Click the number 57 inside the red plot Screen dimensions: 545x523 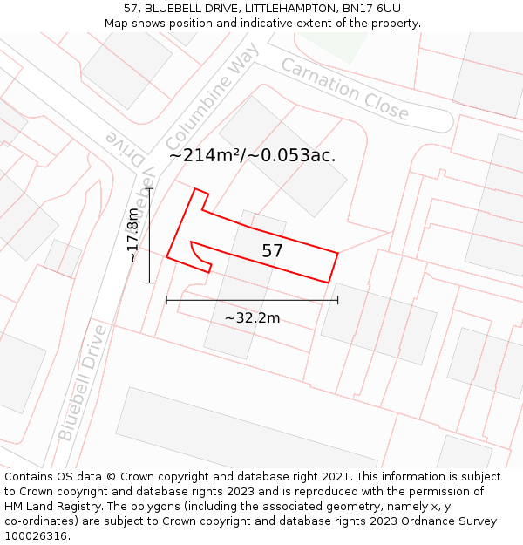272,251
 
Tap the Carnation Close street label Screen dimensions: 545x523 344,89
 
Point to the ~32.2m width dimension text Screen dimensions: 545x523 252,318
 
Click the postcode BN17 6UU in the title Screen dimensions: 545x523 368,8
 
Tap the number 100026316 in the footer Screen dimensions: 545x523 35,535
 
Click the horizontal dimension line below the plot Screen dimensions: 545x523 252,301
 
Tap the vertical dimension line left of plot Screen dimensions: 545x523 150,235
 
